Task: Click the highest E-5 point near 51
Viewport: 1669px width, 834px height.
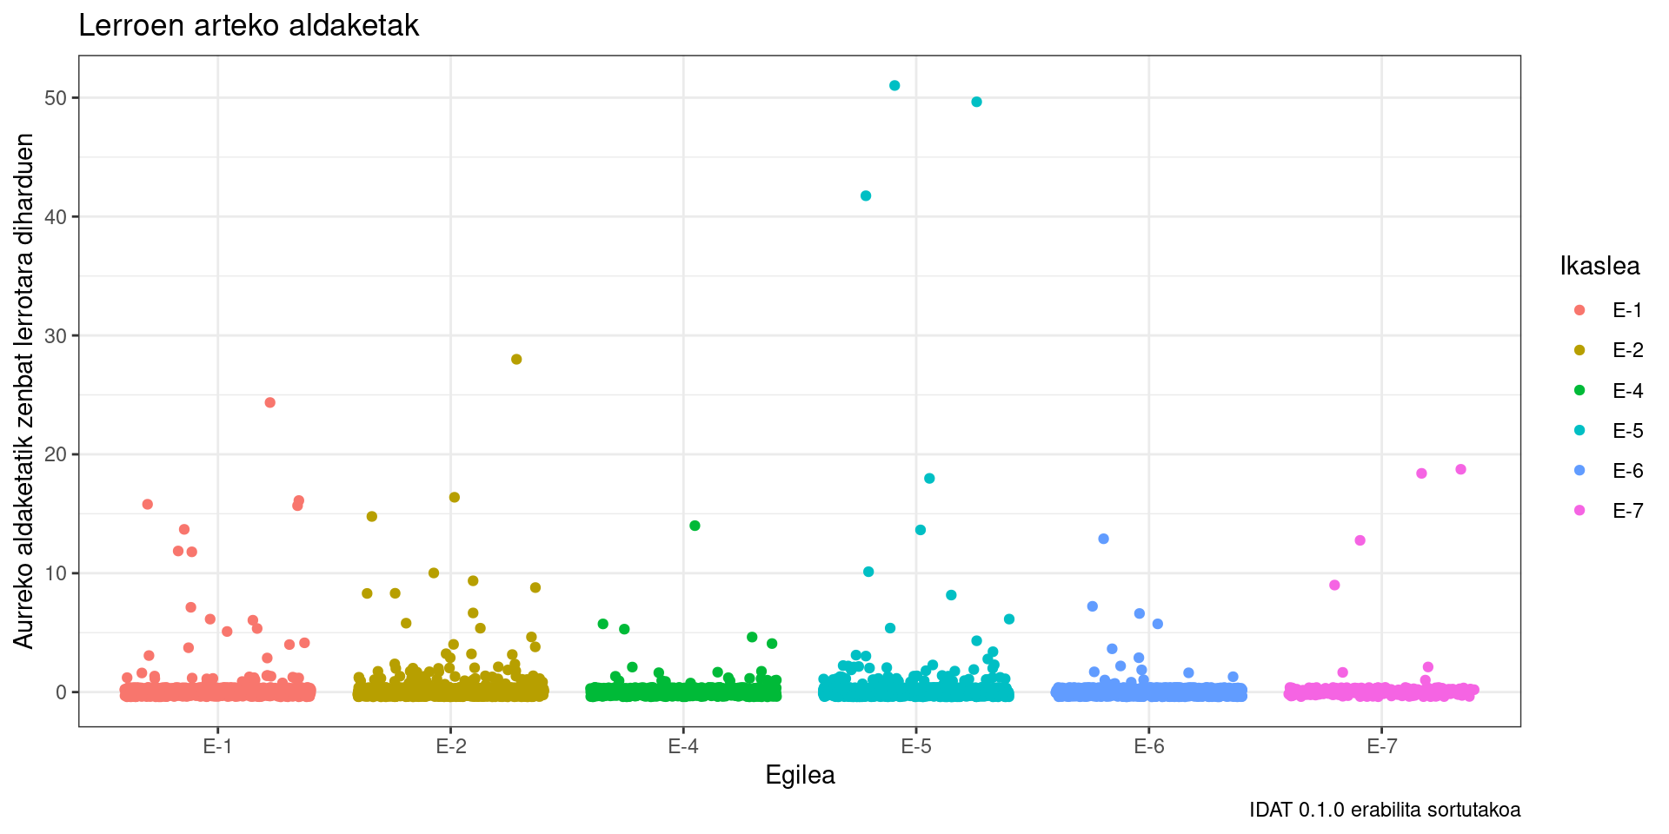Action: [x=894, y=85]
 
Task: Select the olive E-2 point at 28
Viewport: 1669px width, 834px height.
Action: [x=516, y=359]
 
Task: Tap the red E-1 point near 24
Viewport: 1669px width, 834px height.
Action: [x=269, y=402]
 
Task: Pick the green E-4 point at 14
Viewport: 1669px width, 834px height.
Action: [x=695, y=526]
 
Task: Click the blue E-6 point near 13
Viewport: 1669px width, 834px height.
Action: [x=1103, y=539]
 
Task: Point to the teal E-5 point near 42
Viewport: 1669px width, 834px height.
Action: [x=866, y=195]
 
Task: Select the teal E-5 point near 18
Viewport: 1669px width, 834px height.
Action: [x=929, y=478]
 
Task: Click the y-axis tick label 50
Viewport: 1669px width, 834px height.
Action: [x=56, y=98]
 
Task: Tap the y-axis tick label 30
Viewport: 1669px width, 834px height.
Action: [x=56, y=335]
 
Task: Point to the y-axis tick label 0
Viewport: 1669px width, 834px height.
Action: [x=61, y=692]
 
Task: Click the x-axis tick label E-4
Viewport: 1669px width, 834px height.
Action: [x=682, y=746]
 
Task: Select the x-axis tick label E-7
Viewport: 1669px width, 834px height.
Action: [x=1381, y=746]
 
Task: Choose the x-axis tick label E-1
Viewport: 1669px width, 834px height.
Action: [x=217, y=746]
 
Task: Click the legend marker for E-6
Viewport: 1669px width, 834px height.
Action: [x=1579, y=470]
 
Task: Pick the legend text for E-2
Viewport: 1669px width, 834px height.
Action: [x=1627, y=350]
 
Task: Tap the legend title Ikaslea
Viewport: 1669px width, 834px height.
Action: [x=1599, y=266]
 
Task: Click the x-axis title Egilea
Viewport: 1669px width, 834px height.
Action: [x=800, y=775]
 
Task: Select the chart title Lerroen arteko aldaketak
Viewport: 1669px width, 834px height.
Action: [x=249, y=26]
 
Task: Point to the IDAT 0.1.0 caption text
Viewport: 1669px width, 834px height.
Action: [x=1385, y=810]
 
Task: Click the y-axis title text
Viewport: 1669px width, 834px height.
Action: [x=24, y=391]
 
